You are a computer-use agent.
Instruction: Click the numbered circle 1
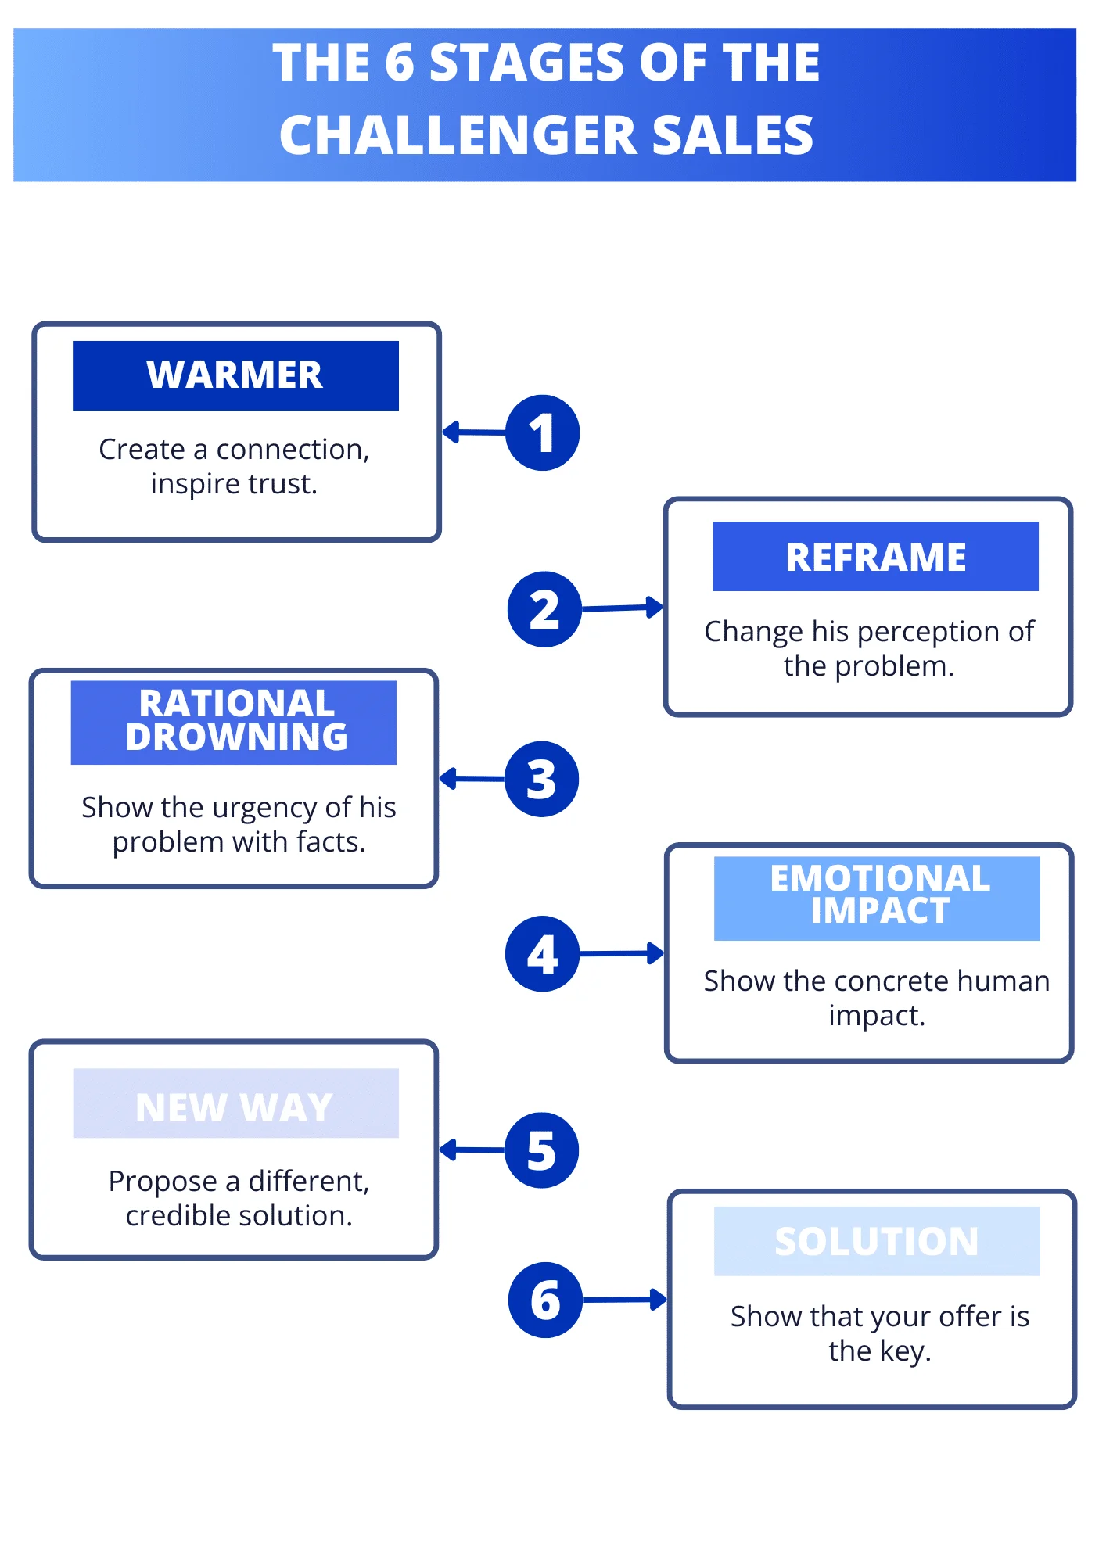click(x=542, y=432)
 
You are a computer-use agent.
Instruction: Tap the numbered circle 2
click(x=544, y=609)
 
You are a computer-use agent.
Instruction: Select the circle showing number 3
click(x=541, y=779)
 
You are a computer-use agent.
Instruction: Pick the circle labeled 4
click(x=542, y=954)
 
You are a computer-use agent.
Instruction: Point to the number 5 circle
click(x=541, y=1150)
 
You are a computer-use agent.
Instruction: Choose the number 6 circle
click(x=545, y=1300)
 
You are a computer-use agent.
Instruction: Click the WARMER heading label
click(x=235, y=375)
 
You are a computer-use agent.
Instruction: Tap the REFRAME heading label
click(x=875, y=556)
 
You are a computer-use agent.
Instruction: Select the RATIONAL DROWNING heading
click(x=234, y=723)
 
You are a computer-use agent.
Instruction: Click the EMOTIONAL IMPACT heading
click(x=877, y=899)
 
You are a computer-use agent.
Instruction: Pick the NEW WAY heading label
click(x=235, y=1103)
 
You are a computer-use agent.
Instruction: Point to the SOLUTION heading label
click(x=877, y=1241)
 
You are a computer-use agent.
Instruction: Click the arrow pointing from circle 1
click(x=474, y=432)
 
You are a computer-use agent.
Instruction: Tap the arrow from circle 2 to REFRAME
click(x=623, y=608)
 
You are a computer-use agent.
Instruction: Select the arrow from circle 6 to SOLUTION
click(x=625, y=1300)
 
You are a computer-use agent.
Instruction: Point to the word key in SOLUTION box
click(x=905, y=1352)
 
